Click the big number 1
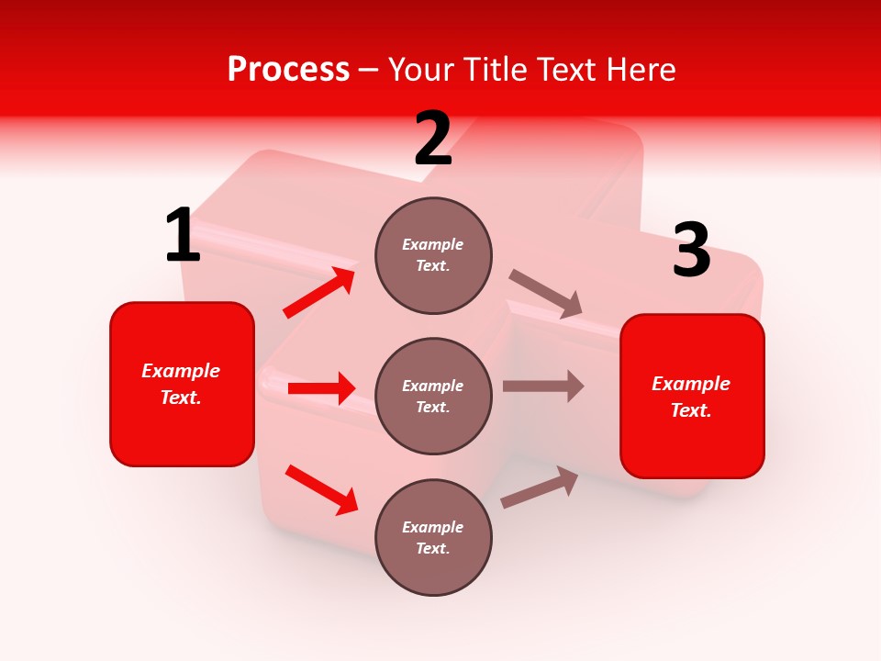pyautogui.click(x=183, y=236)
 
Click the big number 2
pyautogui.click(x=433, y=140)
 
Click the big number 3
pyautogui.click(x=691, y=251)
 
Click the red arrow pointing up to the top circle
pyautogui.click(x=319, y=293)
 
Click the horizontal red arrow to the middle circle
pyautogui.click(x=321, y=388)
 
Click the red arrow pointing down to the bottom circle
pyautogui.click(x=321, y=489)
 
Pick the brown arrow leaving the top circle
pyautogui.click(x=547, y=295)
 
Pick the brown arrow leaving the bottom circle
pyautogui.click(x=540, y=487)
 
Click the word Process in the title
pyautogui.click(x=288, y=70)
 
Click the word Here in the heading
pyautogui.click(x=641, y=70)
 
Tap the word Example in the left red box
pyautogui.click(x=181, y=371)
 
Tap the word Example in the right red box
pyautogui.click(x=691, y=384)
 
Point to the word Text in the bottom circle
pyautogui.click(x=431, y=548)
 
